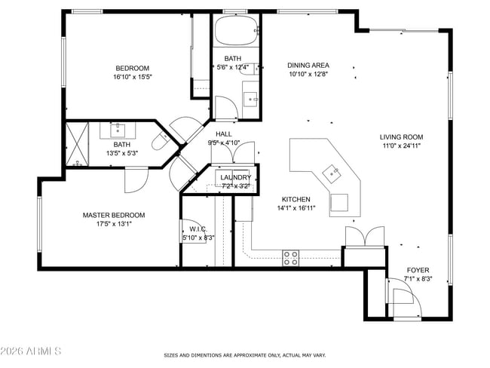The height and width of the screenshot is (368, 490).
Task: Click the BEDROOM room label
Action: point(133,66)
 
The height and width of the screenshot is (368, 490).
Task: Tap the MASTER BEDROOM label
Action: point(114,215)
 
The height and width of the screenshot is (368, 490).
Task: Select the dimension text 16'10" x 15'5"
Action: point(133,76)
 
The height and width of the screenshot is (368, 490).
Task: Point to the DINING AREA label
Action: point(308,65)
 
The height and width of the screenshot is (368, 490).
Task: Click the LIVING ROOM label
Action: point(402,137)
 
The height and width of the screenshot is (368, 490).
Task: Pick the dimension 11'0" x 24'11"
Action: point(402,146)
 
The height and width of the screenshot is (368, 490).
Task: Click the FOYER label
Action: point(418,269)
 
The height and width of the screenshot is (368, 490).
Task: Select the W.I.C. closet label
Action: point(198,228)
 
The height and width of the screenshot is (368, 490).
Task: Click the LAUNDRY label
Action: point(235,177)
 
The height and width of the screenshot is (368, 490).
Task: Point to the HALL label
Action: point(223,133)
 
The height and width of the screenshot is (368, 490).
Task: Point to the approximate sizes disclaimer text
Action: point(245,354)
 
